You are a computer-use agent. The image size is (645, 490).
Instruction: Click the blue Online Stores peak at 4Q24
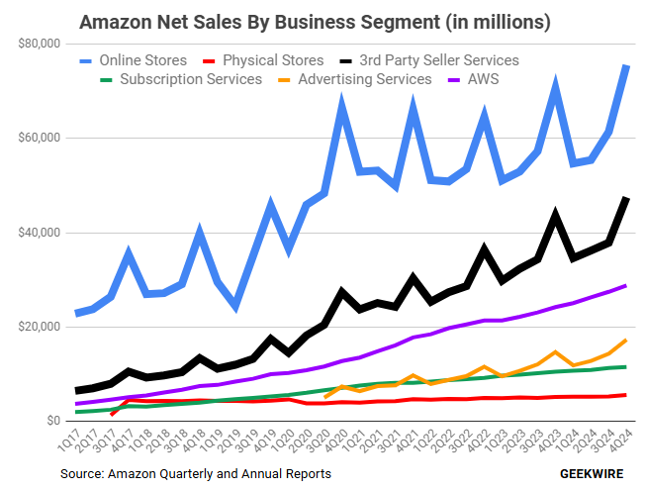click(x=626, y=66)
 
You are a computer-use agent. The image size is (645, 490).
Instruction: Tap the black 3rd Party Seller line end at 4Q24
click(x=626, y=199)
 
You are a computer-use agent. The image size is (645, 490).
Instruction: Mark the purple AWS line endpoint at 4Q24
click(x=626, y=286)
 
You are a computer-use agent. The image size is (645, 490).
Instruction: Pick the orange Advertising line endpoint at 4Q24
click(x=626, y=341)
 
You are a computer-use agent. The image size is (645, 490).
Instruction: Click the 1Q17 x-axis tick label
click(x=71, y=441)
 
